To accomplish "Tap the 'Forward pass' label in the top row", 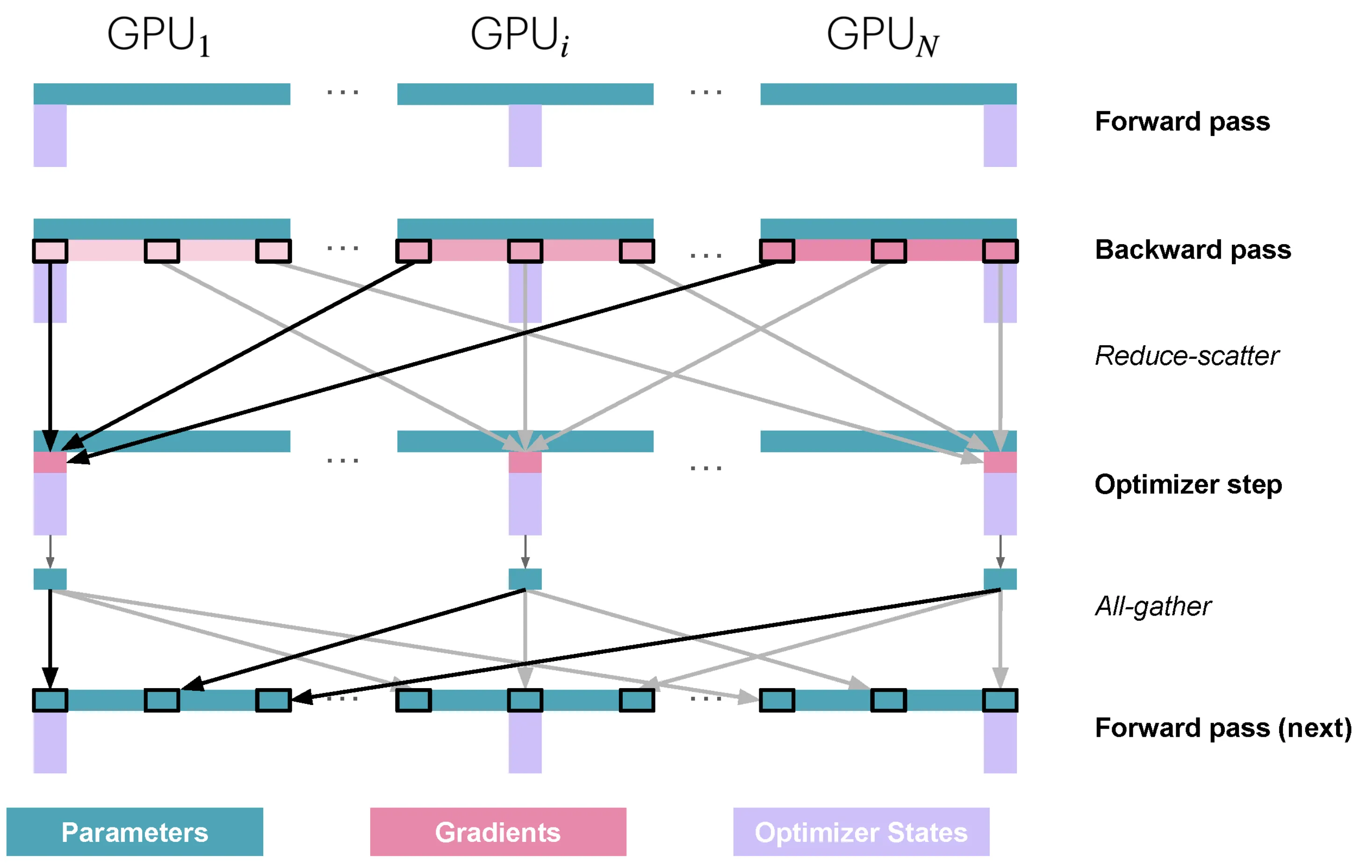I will click(1182, 122).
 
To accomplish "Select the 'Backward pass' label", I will click(1193, 250).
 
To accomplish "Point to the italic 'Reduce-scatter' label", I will click(1187, 356).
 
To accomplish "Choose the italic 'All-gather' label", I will click(1153, 606).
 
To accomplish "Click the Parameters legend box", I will click(135, 832).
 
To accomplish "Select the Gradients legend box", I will click(498, 832).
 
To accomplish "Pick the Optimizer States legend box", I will click(861, 832).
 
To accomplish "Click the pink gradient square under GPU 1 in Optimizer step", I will click(50, 463).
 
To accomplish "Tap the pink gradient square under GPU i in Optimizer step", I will click(525, 463).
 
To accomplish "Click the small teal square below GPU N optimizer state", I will click(1000, 579).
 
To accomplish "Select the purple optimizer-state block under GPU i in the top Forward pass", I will click(525, 136).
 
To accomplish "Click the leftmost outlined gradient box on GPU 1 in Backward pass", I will click(50, 251).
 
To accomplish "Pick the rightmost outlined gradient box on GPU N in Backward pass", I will click(1000, 251).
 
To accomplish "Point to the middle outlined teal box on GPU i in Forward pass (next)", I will click(525, 701).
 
